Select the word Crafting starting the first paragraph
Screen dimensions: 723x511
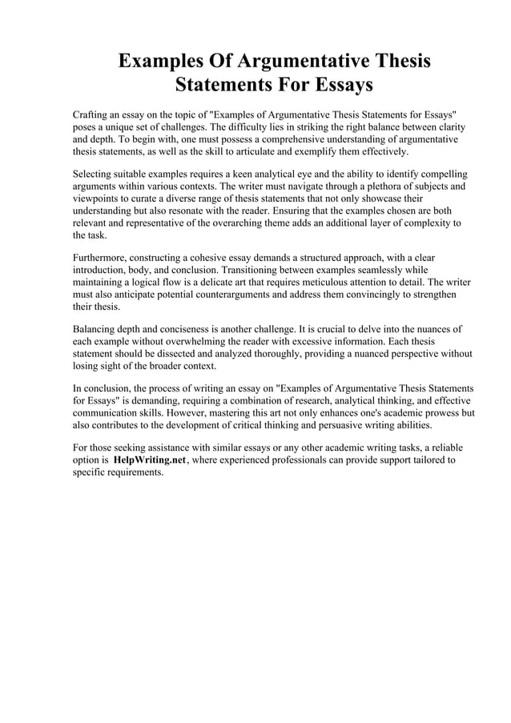[93, 115]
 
